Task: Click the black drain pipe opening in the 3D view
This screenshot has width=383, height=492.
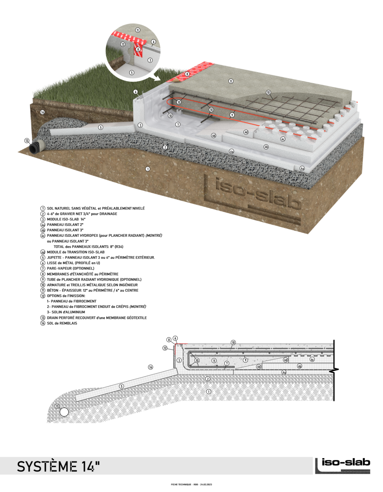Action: pos(35,148)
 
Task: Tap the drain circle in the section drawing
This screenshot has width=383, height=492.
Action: pos(64,412)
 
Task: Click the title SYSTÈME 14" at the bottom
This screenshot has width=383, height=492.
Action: pos(58,466)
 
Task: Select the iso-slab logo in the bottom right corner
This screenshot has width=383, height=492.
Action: pos(343,466)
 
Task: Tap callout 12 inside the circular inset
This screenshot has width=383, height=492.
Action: pos(123,44)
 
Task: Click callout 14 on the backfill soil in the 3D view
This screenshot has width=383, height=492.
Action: pos(42,112)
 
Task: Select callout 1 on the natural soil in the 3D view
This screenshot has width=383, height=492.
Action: pos(148,169)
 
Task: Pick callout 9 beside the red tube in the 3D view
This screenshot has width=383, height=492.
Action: pos(232,115)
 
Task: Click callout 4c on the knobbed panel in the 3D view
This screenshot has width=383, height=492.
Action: pos(283,139)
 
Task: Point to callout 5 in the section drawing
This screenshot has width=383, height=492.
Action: pos(121,386)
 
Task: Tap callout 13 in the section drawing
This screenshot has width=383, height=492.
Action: pos(57,406)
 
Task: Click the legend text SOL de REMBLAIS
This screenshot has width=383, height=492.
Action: pos(62,323)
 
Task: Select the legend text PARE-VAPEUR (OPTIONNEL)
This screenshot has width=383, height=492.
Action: pos(70,269)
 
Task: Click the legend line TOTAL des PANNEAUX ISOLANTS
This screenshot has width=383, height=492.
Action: pos(88,247)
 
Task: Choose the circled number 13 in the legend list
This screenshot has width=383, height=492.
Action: pos(43,318)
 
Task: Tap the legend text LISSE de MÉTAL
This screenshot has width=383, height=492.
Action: pos(73,263)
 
